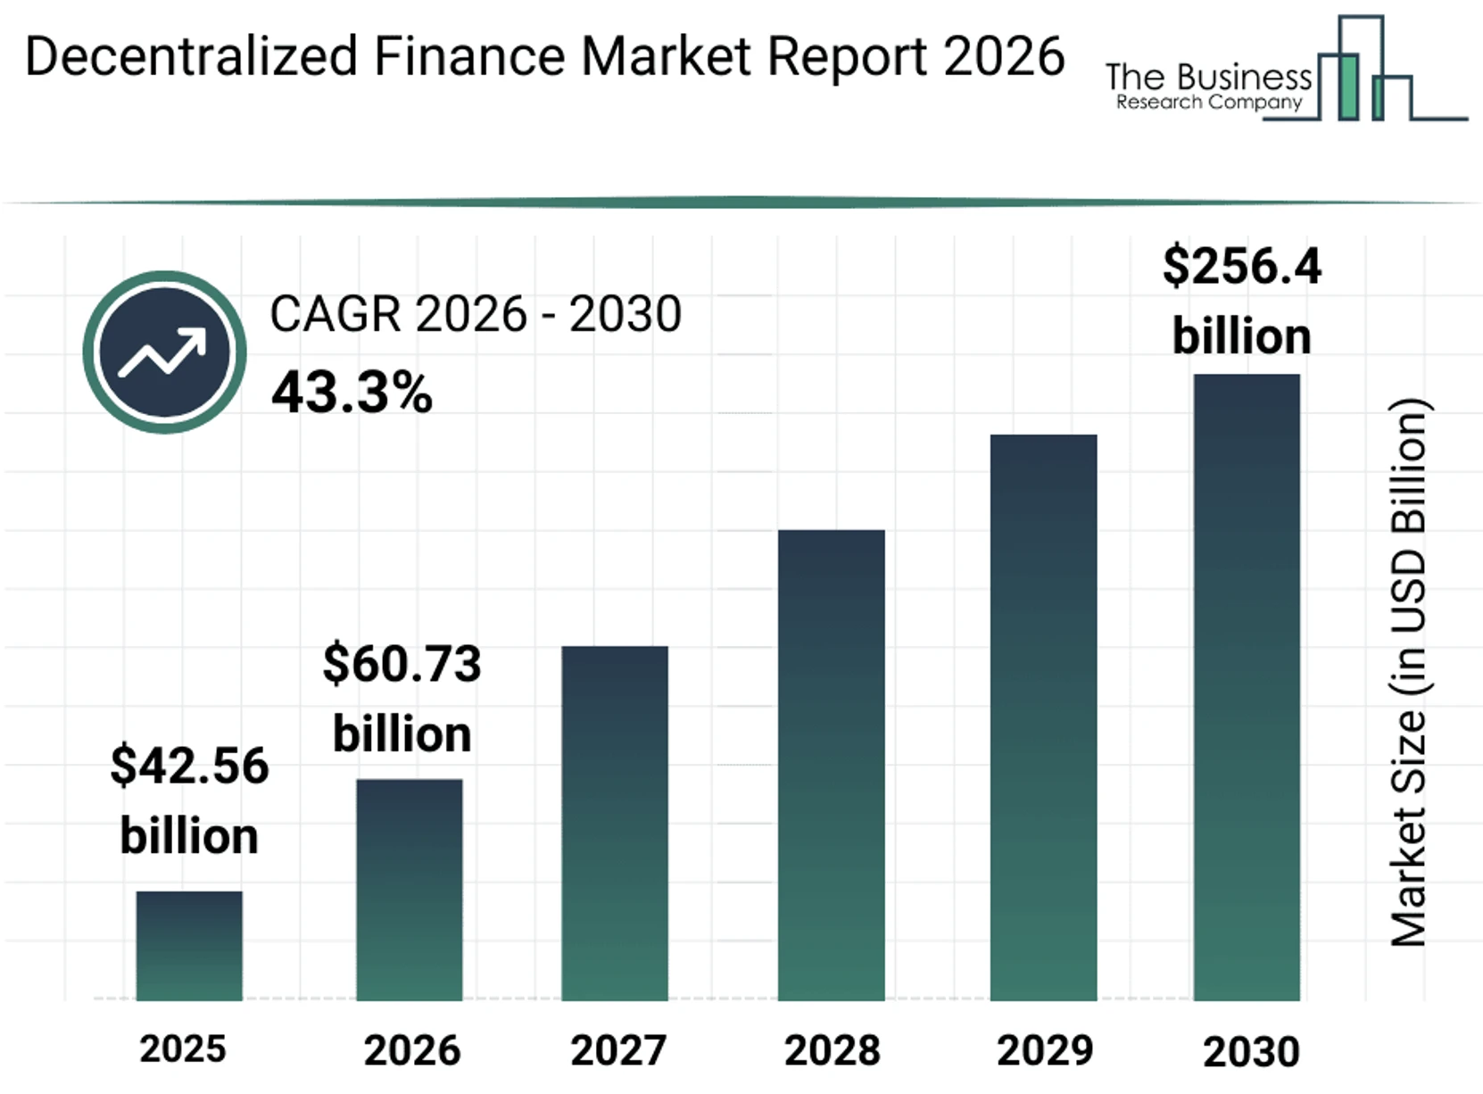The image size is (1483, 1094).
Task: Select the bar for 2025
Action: (x=189, y=946)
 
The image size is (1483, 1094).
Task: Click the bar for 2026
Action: (x=410, y=890)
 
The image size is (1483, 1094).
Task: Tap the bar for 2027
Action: (x=615, y=823)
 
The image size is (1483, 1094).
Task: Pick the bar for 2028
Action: (x=831, y=765)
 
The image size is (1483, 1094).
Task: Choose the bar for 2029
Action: (x=1043, y=717)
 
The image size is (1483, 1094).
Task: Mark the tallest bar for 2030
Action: (x=1247, y=687)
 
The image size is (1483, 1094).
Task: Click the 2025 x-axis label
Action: (x=183, y=1049)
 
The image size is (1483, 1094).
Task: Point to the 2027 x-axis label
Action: (x=618, y=1051)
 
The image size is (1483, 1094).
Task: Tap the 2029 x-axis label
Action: (x=1045, y=1051)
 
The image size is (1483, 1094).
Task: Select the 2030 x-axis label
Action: (x=1251, y=1052)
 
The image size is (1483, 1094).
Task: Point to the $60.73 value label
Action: (x=402, y=665)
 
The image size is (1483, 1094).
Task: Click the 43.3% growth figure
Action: (x=352, y=393)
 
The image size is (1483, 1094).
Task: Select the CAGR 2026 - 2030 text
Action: (x=476, y=314)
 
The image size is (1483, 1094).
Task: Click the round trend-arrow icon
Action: (x=164, y=352)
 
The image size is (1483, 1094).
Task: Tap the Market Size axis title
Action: (x=1409, y=671)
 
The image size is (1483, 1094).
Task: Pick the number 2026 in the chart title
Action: (x=1003, y=56)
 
